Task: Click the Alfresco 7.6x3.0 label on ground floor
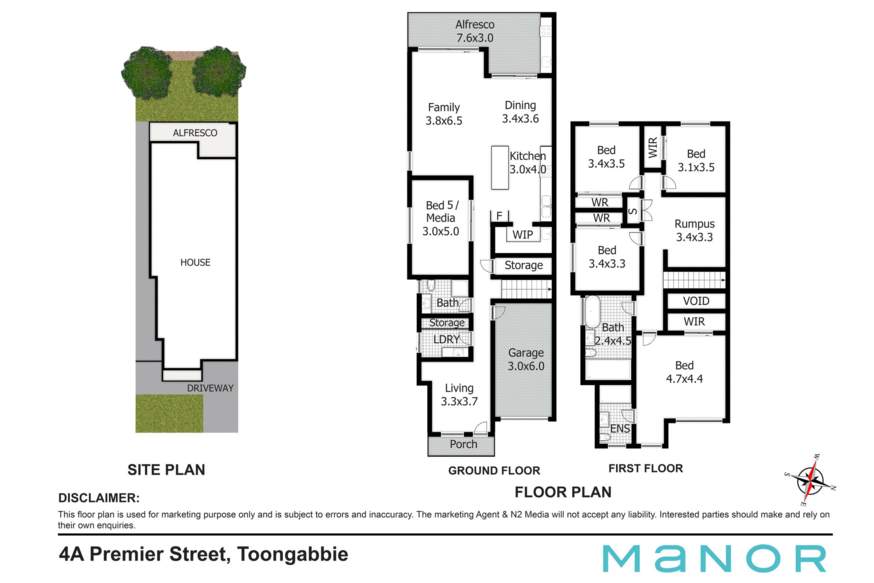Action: pyautogui.click(x=475, y=31)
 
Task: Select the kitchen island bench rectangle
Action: pyautogui.click(x=500, y=168)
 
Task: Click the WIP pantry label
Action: pyautogui.click(x=523, y=235)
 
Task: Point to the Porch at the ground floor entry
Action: pyautogui.click(x=461, y=445)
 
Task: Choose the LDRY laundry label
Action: pyautogui.click(x=446, y=339)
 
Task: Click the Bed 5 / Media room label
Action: pyautogui.click(x=441, y=218)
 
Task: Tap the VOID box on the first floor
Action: pyautogui.click(x=696, y=301)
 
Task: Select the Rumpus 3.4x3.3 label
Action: pyautogui.click(x=695, y=230)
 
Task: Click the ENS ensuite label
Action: pyautogui.click(x=620, y=429)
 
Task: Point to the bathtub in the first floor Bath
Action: pyautogui.click(x=592, y=312)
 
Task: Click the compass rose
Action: pyautogui.click(x=811, y=480)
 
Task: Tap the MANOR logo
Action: pyautogui.click(x=714, y=558)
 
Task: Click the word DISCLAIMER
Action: pyautogui.click(x=99, y=498)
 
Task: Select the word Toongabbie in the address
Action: pyautogui.click(x=293, y=554)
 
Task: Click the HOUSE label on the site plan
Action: pyautogui.click(x=195, y=262)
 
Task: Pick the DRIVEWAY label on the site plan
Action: pyautogui.click(x=210, y=388)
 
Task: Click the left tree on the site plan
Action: pyautogui.click(x=147, y=73)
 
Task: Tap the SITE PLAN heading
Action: pyautogui.click(x=166, y=470)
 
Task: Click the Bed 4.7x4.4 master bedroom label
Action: pyautogui.click(x=684, y=372)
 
